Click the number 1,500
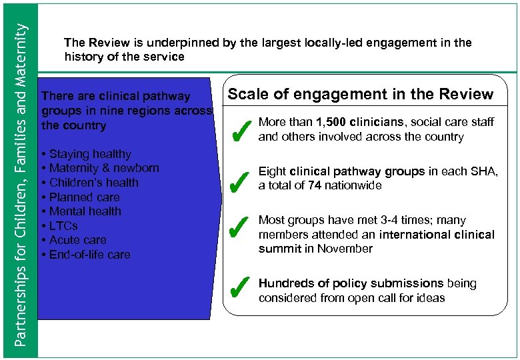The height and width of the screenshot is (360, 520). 334,122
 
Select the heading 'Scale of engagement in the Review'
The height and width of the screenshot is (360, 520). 361,94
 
